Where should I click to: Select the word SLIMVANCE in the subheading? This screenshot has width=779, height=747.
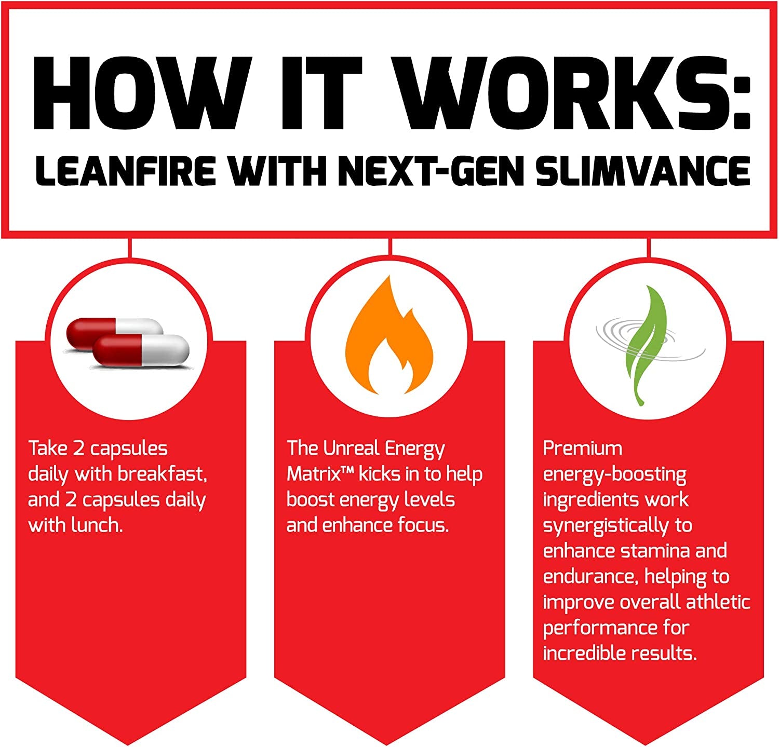pos(643,171)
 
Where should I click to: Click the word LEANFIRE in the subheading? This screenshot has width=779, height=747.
pos(125,171)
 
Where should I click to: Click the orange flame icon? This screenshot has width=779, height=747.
pos(389,338)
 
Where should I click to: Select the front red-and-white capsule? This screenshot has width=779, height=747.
pos(141,351)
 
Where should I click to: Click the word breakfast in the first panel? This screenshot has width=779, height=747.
pos(162,474)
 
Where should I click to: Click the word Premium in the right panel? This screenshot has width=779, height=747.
pos(582,448)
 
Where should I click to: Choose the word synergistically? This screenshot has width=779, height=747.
pos(606,526)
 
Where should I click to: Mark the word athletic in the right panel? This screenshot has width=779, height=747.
pos(718,602)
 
